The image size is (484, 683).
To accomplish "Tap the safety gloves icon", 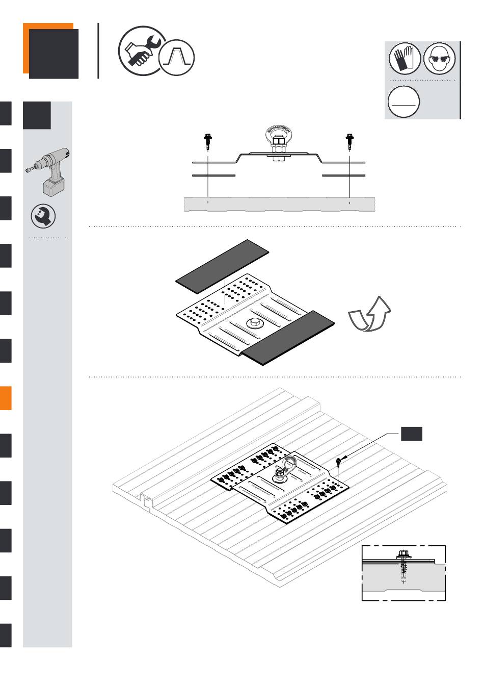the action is pos(405,58).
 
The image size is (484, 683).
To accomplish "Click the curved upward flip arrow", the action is pos(370,314).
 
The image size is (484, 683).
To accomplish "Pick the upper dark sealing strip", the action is pos(222,266).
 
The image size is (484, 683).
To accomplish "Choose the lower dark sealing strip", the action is pos(287,338).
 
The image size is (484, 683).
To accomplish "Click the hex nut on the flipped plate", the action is pos(253,323).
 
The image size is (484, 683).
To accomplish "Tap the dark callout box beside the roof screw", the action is pos(411,434).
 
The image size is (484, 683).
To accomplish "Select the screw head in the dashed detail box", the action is pos(403,554).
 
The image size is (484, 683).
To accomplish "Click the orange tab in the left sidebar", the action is pos(6,398).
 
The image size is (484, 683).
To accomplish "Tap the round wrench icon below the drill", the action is pos(43,216).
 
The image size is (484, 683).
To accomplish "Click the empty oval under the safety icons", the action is pos(404,102).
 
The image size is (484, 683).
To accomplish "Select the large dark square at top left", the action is pos(53,54).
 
